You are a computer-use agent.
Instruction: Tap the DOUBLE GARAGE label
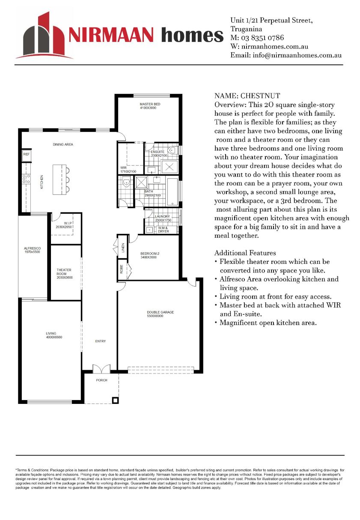click(x=161, y=314)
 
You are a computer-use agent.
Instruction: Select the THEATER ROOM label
click(x=64, y=273)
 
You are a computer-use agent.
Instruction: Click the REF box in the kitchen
click(x=27, y=154)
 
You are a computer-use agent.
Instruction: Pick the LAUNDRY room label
click(x=163, y=218)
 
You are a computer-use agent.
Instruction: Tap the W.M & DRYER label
click(x=164, y=230)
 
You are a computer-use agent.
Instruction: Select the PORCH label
click(x=101, y=380)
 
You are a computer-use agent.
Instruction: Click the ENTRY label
click(x=100, y=341)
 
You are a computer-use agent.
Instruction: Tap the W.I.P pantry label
click(x=68, y=224)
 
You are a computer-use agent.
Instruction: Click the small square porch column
click(x=115, y=400)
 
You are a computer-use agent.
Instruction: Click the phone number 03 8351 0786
click(x=264, y=38)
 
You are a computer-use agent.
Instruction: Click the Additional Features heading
click(x=245, y=253)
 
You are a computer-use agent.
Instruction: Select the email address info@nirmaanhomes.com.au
click(x=297, y=55)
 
